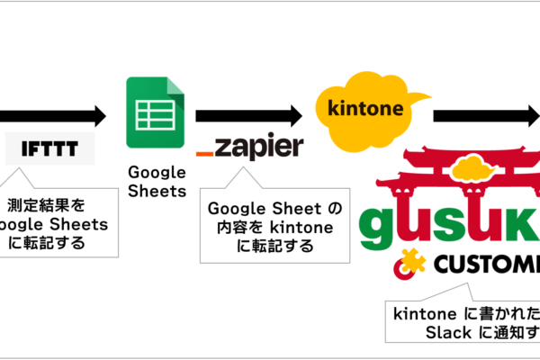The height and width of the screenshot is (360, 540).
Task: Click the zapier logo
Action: click(249, 147)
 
